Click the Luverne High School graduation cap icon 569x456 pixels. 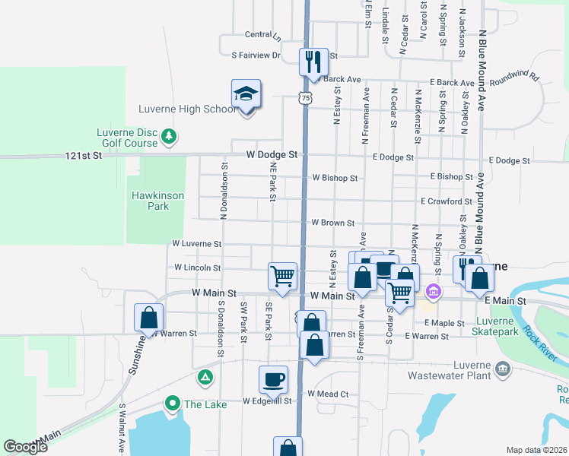246,94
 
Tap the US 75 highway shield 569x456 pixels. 305,98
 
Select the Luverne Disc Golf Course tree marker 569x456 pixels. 169,138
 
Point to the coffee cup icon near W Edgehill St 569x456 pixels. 274,378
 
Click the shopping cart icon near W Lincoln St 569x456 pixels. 282,275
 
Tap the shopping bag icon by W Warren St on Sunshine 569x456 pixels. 149,318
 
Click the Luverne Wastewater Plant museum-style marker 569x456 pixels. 502,369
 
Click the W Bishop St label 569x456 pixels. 335,178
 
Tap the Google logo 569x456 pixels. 26,446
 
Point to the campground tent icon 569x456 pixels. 204,376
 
